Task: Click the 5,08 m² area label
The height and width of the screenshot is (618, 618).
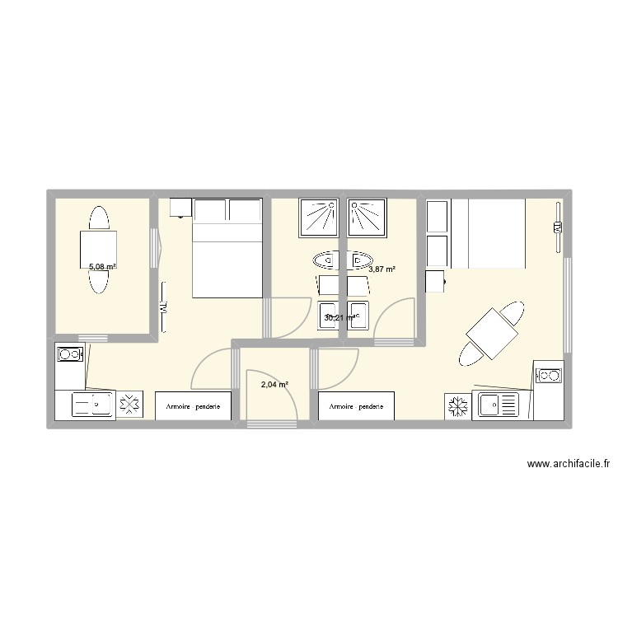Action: (102, 267)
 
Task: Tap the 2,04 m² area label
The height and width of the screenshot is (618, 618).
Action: (274, 384)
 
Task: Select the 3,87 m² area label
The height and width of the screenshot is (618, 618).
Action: (382, 269)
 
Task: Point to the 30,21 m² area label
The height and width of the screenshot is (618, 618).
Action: (340, 317)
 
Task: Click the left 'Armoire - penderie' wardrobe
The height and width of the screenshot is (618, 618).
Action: (193, 406)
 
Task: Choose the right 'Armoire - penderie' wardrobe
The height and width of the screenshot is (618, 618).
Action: (356, 406)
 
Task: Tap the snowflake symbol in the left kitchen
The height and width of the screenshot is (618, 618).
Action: (129, 405)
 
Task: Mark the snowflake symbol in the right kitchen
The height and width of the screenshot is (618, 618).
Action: (457, 405)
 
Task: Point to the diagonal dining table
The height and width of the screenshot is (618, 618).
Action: (494, 334)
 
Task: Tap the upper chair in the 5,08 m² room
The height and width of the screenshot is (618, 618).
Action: (99, 218)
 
